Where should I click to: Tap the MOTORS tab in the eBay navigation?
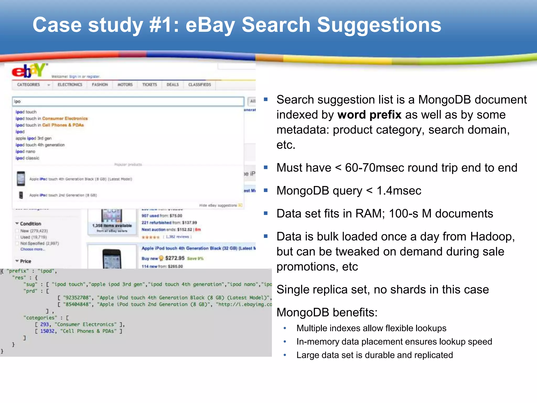pyautogui.click(x=125, y=84)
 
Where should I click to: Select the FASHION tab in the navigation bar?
pyautogui.click(x=100, y=84)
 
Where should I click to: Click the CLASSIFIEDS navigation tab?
pyautogui.click(x=200, y=84)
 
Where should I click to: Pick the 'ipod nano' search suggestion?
pyautogui.click(x=25, y=151)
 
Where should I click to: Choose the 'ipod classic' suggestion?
pyautogui.click(x=27, y=158)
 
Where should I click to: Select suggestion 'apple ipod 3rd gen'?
pyautogui.click(x=33, y=138)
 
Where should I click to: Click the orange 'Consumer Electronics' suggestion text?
pyautogui.click(x=65, y=119)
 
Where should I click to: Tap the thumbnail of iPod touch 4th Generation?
pyautogui.click(x=21, y=179)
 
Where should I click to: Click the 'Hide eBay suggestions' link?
pyautogui.click(x=218, y=205)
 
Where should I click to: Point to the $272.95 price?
pyautogui.click(x=175, y=258)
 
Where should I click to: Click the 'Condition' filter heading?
pyautogui.click(x=30, y=224)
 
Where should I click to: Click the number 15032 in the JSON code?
pyautogui.click(x=47, y=331)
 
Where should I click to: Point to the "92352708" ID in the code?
pyautogui.click(x=77, y=298)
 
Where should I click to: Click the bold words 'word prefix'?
pyautogui.click(x=369, y=115)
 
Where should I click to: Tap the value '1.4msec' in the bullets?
pyautogui.click(x=399, y=191)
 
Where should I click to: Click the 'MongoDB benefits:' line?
pyautogui.click(x=327, y=312)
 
